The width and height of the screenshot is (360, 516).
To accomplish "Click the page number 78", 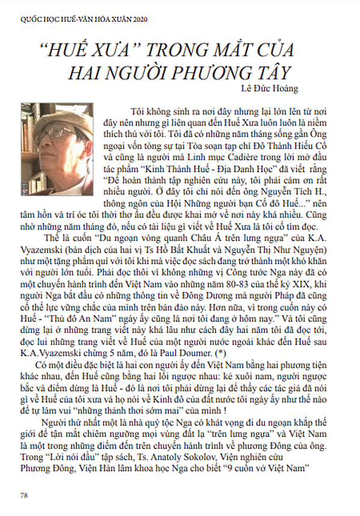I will (24, 495).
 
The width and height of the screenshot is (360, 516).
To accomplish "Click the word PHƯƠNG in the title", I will (209, 72).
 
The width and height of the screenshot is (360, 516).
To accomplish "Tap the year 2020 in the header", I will (134, 19).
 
